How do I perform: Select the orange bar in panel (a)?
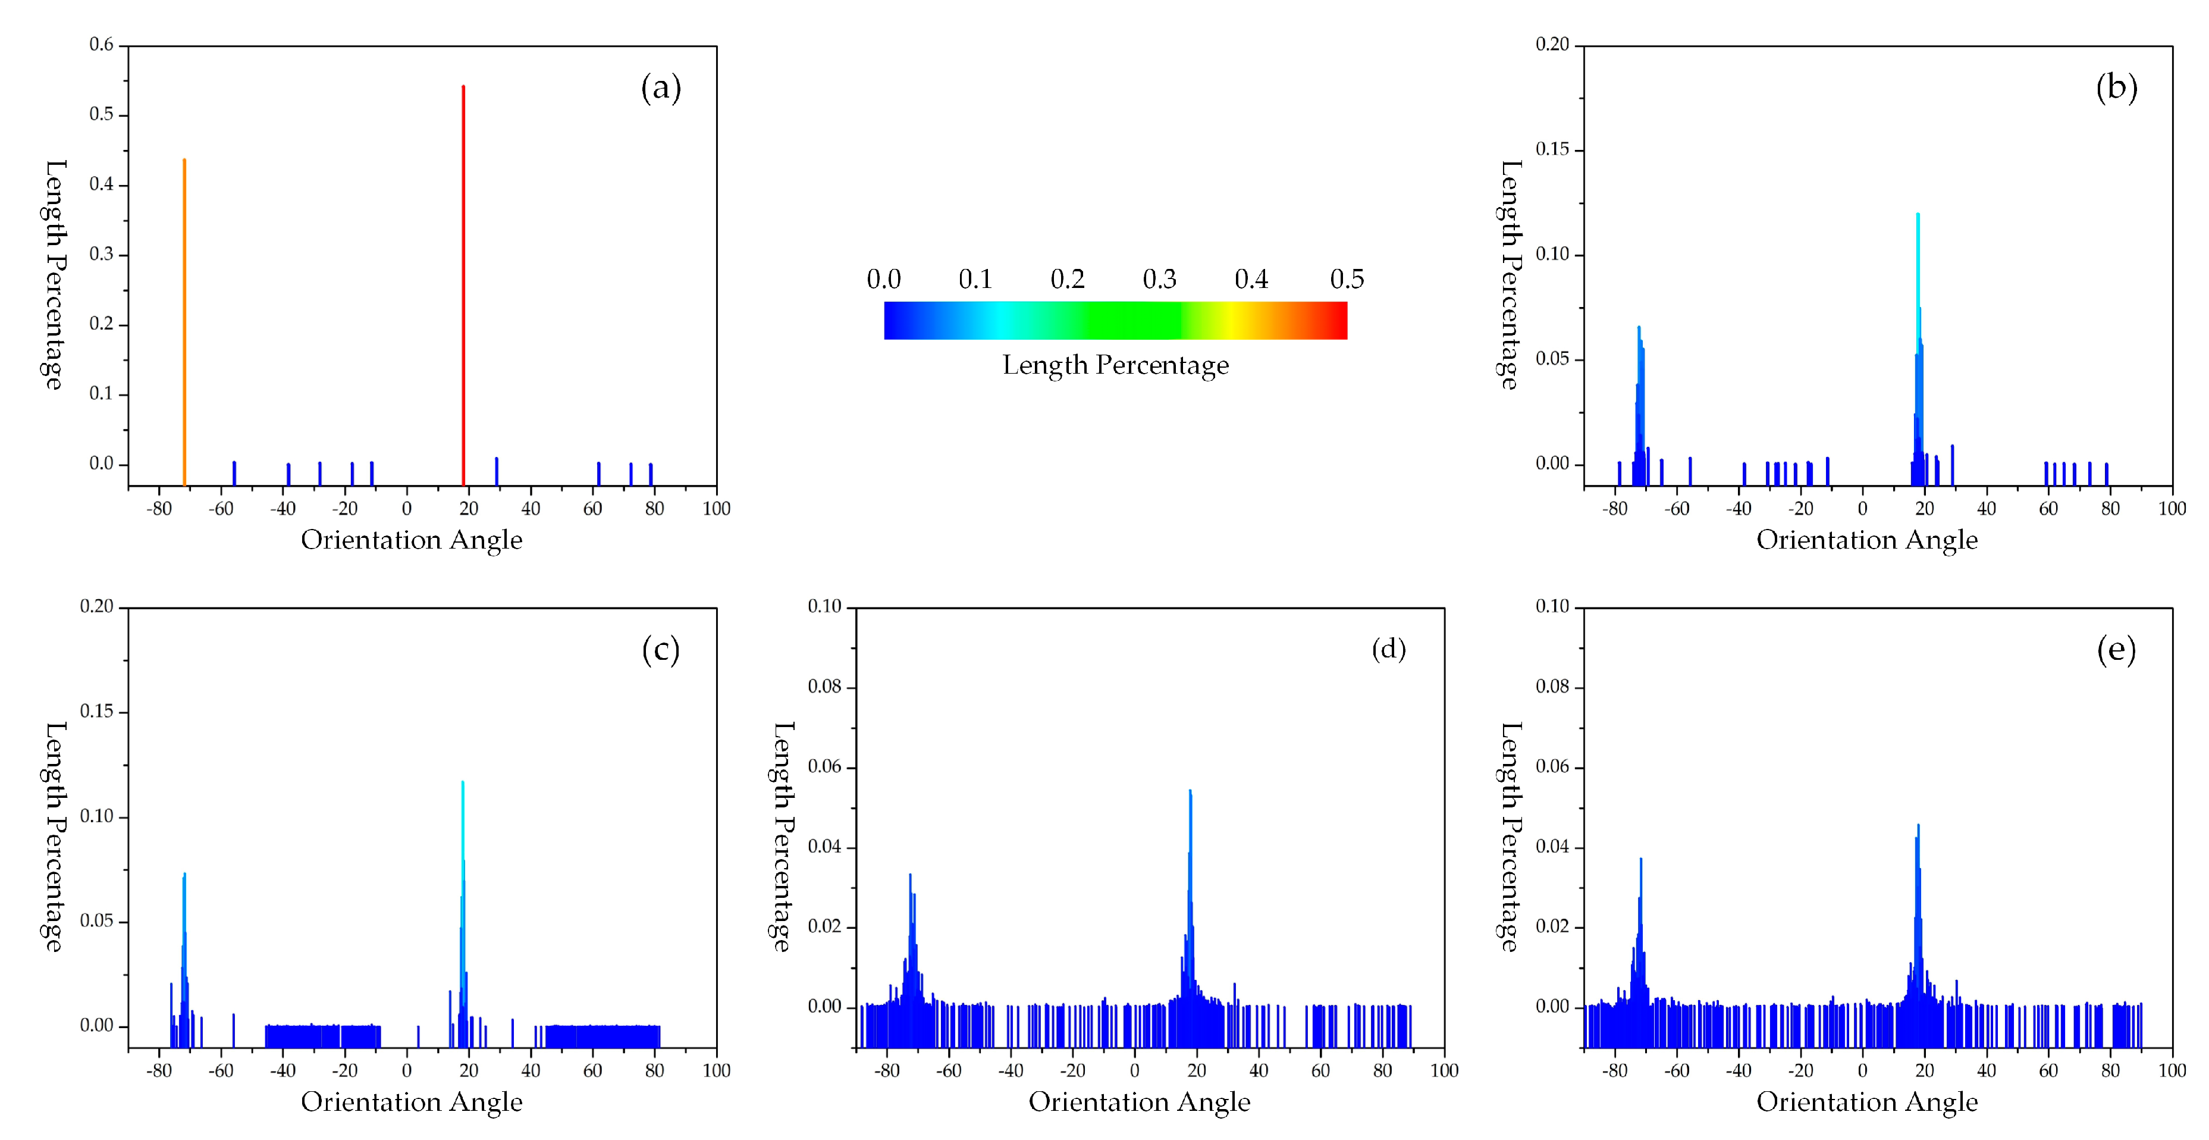pos(184,317)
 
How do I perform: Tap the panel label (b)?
pos(2116,87)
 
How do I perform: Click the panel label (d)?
pos(1388,649)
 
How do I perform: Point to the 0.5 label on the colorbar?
pos(1347,279)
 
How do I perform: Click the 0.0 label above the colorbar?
pos(883,279)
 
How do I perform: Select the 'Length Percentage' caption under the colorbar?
pos(1115,365)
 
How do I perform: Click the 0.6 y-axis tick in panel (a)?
pos(101,45)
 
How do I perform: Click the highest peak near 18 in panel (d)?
pos(1190,823)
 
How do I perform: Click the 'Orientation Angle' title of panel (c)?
pos(411,1101)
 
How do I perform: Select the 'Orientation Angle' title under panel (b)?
pos(1867,540)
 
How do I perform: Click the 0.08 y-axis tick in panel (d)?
pos(824,687)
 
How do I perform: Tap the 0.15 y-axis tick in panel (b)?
pos(1552,149)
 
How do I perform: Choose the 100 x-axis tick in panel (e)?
pos(2172,1070)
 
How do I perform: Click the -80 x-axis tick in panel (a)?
pos(159,509)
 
